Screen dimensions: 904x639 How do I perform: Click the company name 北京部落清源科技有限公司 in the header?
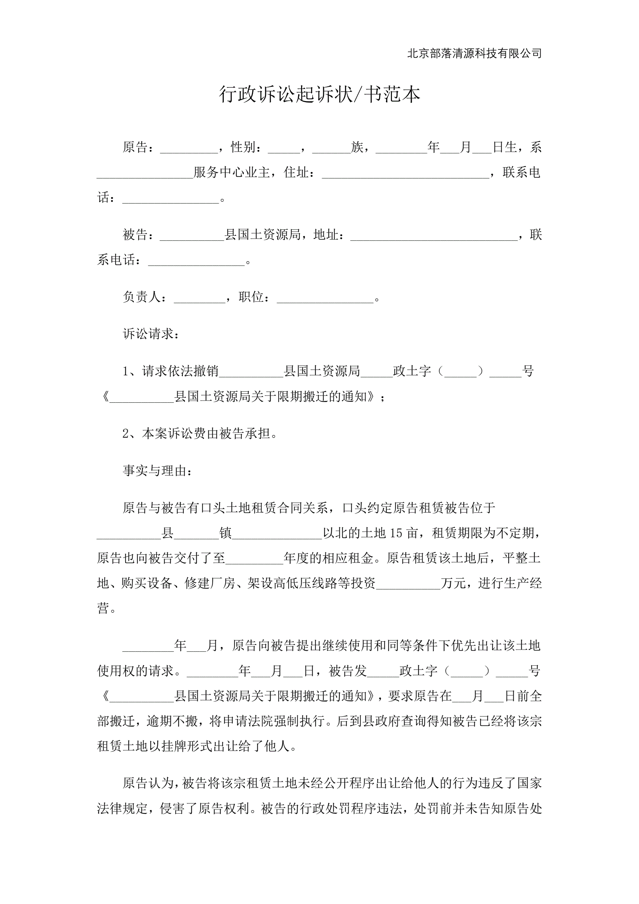474,53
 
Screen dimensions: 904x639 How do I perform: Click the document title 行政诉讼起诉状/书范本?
319,95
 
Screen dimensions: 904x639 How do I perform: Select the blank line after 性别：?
284,150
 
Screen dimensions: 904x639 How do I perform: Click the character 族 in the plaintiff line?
357,147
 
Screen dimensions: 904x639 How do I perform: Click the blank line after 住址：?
405,175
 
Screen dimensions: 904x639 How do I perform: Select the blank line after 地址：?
434,237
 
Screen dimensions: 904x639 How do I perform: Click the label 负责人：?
144,297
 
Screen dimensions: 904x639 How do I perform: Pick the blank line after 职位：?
325,299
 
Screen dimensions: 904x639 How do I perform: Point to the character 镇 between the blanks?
226,533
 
